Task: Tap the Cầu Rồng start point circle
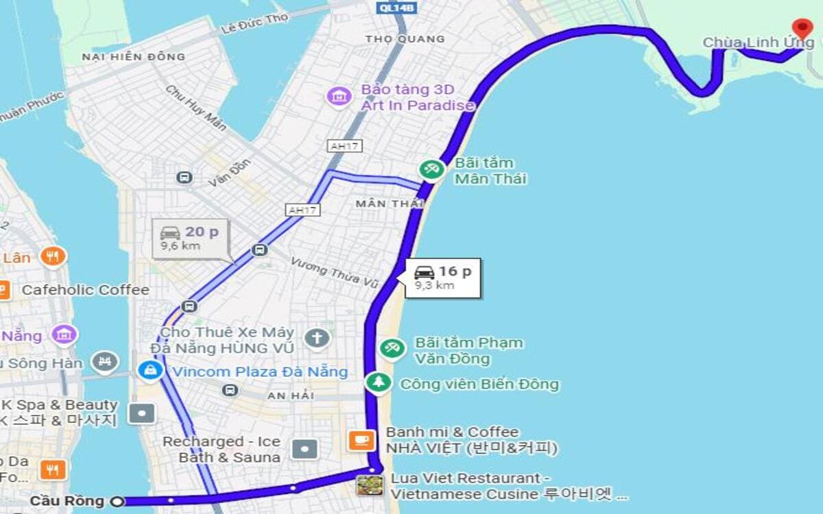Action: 118,502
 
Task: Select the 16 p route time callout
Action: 443,277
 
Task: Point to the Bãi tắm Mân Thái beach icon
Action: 431,169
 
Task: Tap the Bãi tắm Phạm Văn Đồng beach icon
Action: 392,348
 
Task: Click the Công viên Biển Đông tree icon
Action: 378,382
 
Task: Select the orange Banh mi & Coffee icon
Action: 361,440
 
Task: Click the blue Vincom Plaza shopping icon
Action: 150,371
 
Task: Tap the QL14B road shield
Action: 396,8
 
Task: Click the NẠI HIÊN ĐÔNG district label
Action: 133,57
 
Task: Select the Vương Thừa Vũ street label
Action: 334,272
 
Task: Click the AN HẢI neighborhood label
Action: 291,395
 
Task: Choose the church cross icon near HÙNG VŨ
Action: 317,338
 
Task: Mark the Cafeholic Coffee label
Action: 85,290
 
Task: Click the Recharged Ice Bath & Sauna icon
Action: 305,449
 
